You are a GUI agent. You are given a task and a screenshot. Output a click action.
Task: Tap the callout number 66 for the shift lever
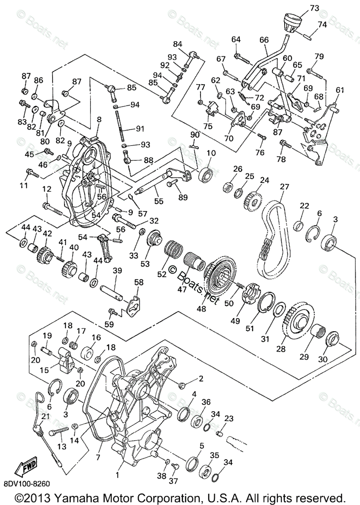point(264,40)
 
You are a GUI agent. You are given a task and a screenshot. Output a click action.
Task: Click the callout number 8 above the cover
point(99,120)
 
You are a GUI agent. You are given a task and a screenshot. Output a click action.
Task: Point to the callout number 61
point(340,90)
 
